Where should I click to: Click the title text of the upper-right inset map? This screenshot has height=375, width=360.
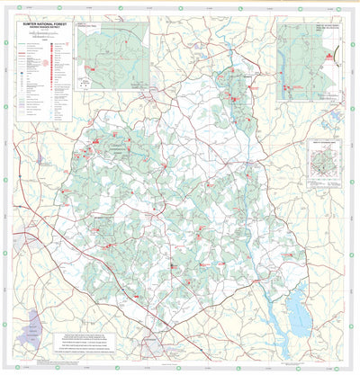pos(325,26)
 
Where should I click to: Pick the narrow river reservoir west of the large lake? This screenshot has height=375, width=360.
pos(270,315)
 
